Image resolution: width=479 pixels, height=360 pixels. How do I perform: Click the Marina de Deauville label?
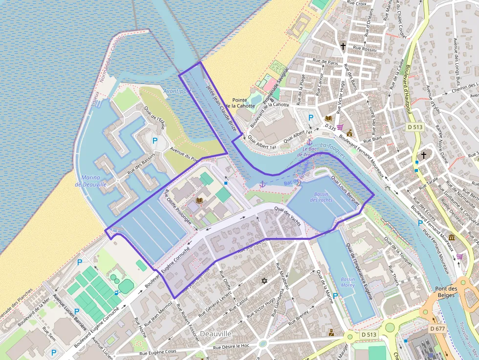click(91, 181)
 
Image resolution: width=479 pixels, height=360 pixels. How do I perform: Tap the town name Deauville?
click(216, 333)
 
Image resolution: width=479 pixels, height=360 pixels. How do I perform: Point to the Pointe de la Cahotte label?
click(243, 102)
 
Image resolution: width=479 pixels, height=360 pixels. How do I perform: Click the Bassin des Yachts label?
click(321, 197)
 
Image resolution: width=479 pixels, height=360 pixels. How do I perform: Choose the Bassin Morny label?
click(348, 282)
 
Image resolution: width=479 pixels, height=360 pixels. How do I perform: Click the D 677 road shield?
click(438, 329)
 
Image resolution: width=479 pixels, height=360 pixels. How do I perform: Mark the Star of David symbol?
click(264, 281)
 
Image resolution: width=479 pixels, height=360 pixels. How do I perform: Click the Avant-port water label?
click(176, 91)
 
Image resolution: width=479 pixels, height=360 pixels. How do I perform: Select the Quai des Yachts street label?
click(287, 215)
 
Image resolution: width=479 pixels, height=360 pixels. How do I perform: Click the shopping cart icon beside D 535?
click(340, 127)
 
